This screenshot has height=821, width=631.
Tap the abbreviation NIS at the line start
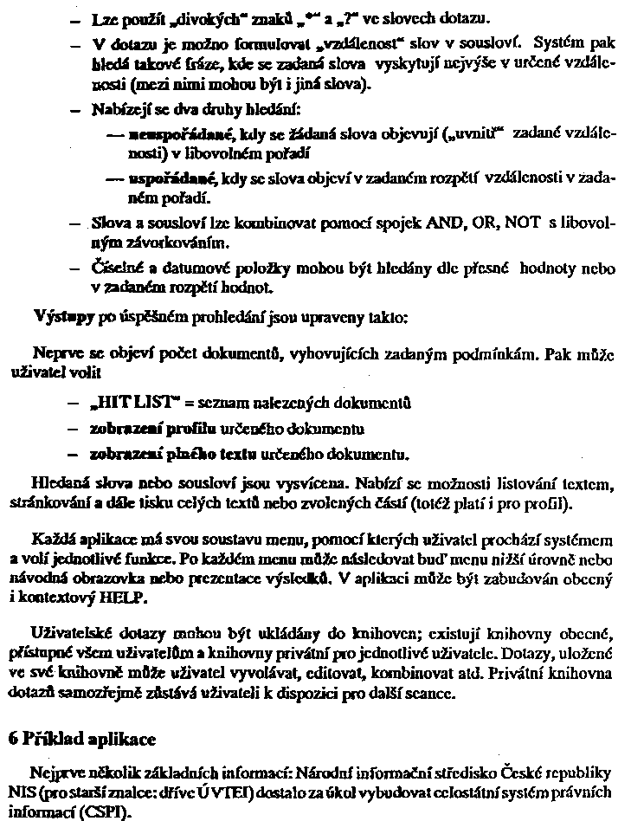pos(22,792)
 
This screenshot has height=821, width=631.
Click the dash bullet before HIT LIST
pos(75,404)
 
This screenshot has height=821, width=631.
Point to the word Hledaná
pos(61,482)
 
